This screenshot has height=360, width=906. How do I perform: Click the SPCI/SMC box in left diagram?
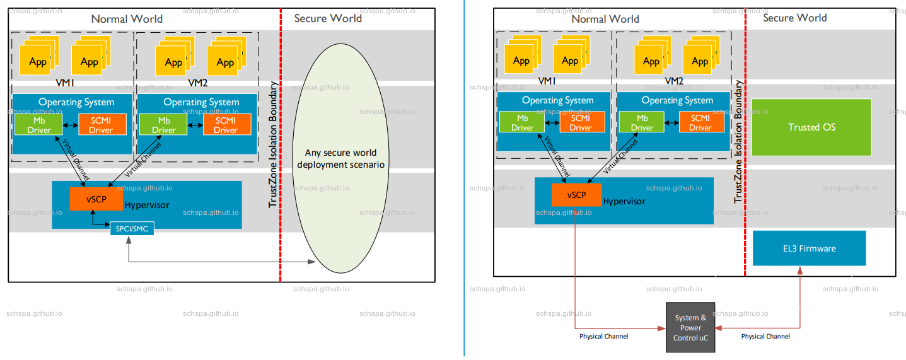pos(132,228)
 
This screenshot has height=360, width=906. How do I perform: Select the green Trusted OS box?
pos(811,127)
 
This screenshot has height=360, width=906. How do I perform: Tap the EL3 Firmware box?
pos(809,248)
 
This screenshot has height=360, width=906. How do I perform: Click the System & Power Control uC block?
pos(690,327)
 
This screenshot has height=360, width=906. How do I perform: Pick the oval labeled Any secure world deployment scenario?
pos(340,159)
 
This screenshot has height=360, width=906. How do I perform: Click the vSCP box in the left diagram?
pos(96,199)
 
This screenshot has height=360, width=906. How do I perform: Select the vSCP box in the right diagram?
pos(576,195)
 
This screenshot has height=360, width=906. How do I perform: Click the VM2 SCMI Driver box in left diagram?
pos(226,125)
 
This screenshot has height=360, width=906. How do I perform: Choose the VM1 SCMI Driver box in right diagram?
pos(581,122)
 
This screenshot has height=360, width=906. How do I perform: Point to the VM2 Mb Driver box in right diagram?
pos(642,122)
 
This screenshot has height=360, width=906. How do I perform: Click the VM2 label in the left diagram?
pos(197,81)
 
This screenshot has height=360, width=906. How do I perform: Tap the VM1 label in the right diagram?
pos(547,81)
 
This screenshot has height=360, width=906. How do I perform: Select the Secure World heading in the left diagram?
pos(328,18)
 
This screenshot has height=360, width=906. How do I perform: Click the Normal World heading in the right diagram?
pos(605,19)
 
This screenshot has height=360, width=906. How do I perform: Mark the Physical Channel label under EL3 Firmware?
pos(765,337)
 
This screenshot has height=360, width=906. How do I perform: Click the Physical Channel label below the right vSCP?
pos(603,337)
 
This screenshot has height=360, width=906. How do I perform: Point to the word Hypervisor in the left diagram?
pos(147,205)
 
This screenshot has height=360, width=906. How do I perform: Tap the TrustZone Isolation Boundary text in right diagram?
pos(738,142)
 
